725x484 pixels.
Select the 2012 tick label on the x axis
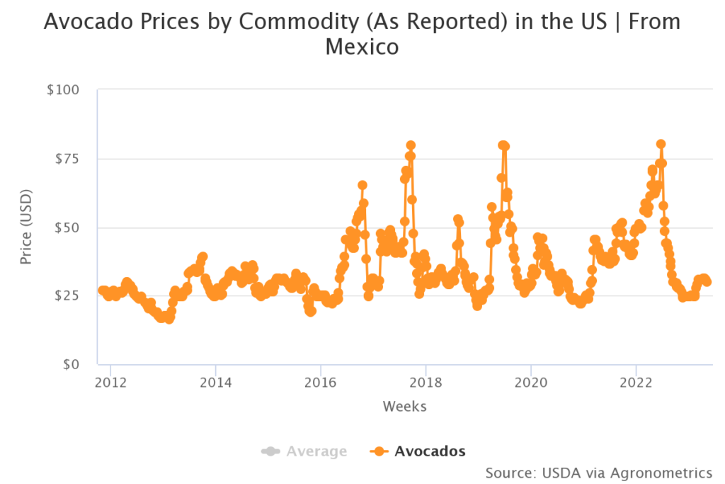pos(110,383)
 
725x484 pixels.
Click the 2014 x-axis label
pos(215,383)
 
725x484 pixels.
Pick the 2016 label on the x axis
pos(321,383)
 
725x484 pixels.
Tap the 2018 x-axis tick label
pos(426,383)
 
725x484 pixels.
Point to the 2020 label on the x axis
pos(531,383)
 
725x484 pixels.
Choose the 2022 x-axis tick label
pos(636,383)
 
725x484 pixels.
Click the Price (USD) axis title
pos(26,227)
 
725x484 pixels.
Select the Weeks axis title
pos(404,407)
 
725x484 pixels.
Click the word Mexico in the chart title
pos(362,47)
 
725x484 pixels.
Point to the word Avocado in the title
pos(82,21)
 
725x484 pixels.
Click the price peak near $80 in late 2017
pos(411,145)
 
